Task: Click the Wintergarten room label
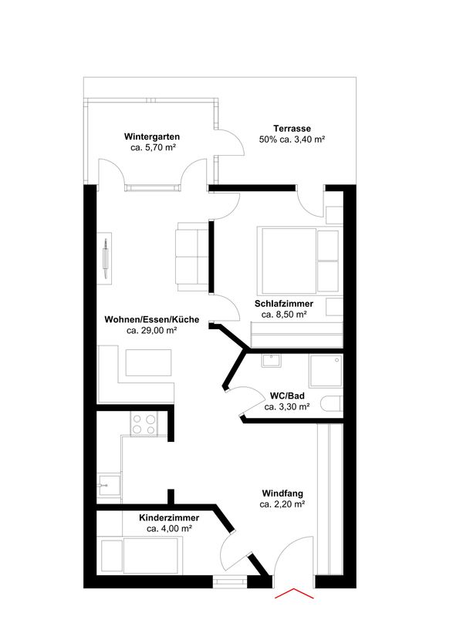point(152,136)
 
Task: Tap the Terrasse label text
point(292,128)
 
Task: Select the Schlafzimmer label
point(284,304)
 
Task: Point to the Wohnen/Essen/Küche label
point(152,319)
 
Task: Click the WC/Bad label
point(287,396)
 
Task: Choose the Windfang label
point(282,493)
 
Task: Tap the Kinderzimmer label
point(169,517)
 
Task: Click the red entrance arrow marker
point(294,594)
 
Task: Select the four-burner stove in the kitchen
point(144,423)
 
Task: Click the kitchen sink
point(109,485)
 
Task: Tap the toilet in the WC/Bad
point(331,404)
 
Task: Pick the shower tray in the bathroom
point(326,371)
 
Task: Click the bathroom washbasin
point(271,361)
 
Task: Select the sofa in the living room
point(193,257)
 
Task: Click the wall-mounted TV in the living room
point(106,258)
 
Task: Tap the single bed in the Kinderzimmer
point(140,555)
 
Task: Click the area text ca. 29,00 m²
point(151,330)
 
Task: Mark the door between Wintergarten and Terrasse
point(231,142)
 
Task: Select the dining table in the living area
point(148,362)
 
